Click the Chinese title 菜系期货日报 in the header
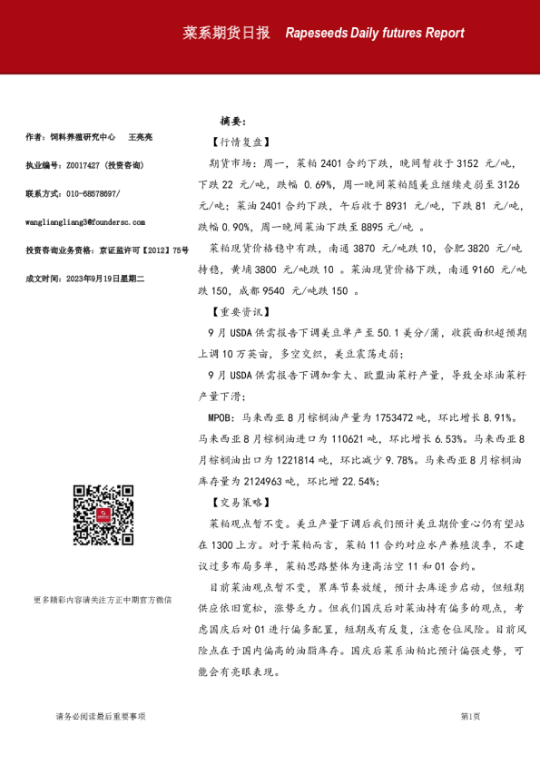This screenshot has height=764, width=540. [x=226, y=33]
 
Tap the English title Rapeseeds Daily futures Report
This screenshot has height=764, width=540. [x=374, y=34]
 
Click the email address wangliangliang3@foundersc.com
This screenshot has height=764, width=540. [x=85, y=221]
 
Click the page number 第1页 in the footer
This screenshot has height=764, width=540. [x=470, y=717]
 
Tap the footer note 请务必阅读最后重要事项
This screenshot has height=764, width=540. [x=100, y=717]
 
